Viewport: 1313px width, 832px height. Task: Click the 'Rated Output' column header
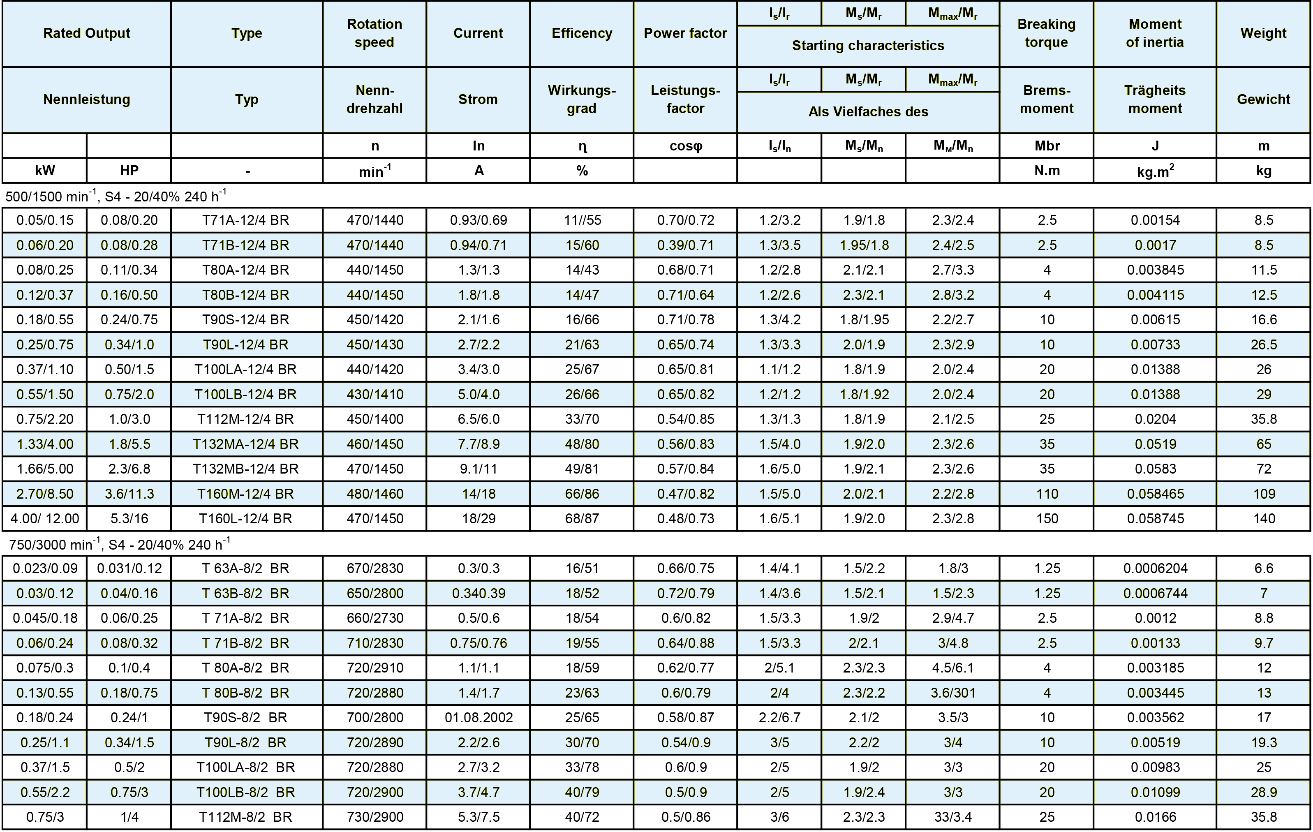pos(87,33)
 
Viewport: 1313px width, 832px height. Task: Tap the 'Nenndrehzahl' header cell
pos(374,99)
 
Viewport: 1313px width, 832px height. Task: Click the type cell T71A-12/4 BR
pos(246,220)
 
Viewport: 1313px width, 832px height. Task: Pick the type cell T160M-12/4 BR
pos(246,494)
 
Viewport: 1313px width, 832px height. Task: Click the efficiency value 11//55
pos(582,220)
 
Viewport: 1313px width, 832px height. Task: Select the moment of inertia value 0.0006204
pos(1155,569)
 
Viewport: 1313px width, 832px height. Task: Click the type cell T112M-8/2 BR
pos(246,817)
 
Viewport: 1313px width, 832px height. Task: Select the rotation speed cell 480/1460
pos(374,494)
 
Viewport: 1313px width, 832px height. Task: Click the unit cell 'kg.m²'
pos(1155,171)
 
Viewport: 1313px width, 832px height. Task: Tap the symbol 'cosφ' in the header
pos(685,146)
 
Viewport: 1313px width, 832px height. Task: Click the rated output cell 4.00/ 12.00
pos(45,518)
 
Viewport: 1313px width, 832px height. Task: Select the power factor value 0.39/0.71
pos(685,245)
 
